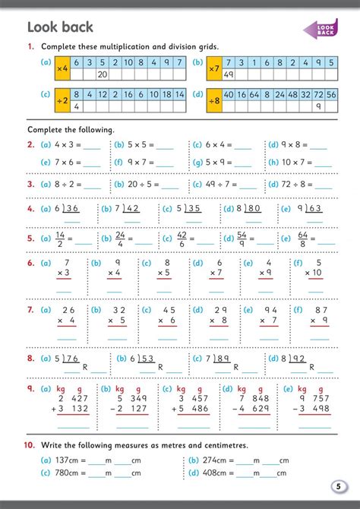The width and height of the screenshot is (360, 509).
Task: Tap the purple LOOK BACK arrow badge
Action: tap(321, 29)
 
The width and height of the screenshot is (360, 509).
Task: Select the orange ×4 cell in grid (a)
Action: tap(62, 69)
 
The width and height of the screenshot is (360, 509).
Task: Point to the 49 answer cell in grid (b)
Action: tap(229, 75)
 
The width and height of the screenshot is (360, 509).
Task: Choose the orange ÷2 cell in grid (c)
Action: tap(62, 100)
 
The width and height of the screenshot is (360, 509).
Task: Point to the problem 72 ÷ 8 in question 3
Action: tap(293, 184)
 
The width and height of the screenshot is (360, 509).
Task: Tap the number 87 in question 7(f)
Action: tap(319, 310)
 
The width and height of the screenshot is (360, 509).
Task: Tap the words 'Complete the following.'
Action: tap(71, 130)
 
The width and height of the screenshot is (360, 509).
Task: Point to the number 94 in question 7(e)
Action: tap(269, 310)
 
